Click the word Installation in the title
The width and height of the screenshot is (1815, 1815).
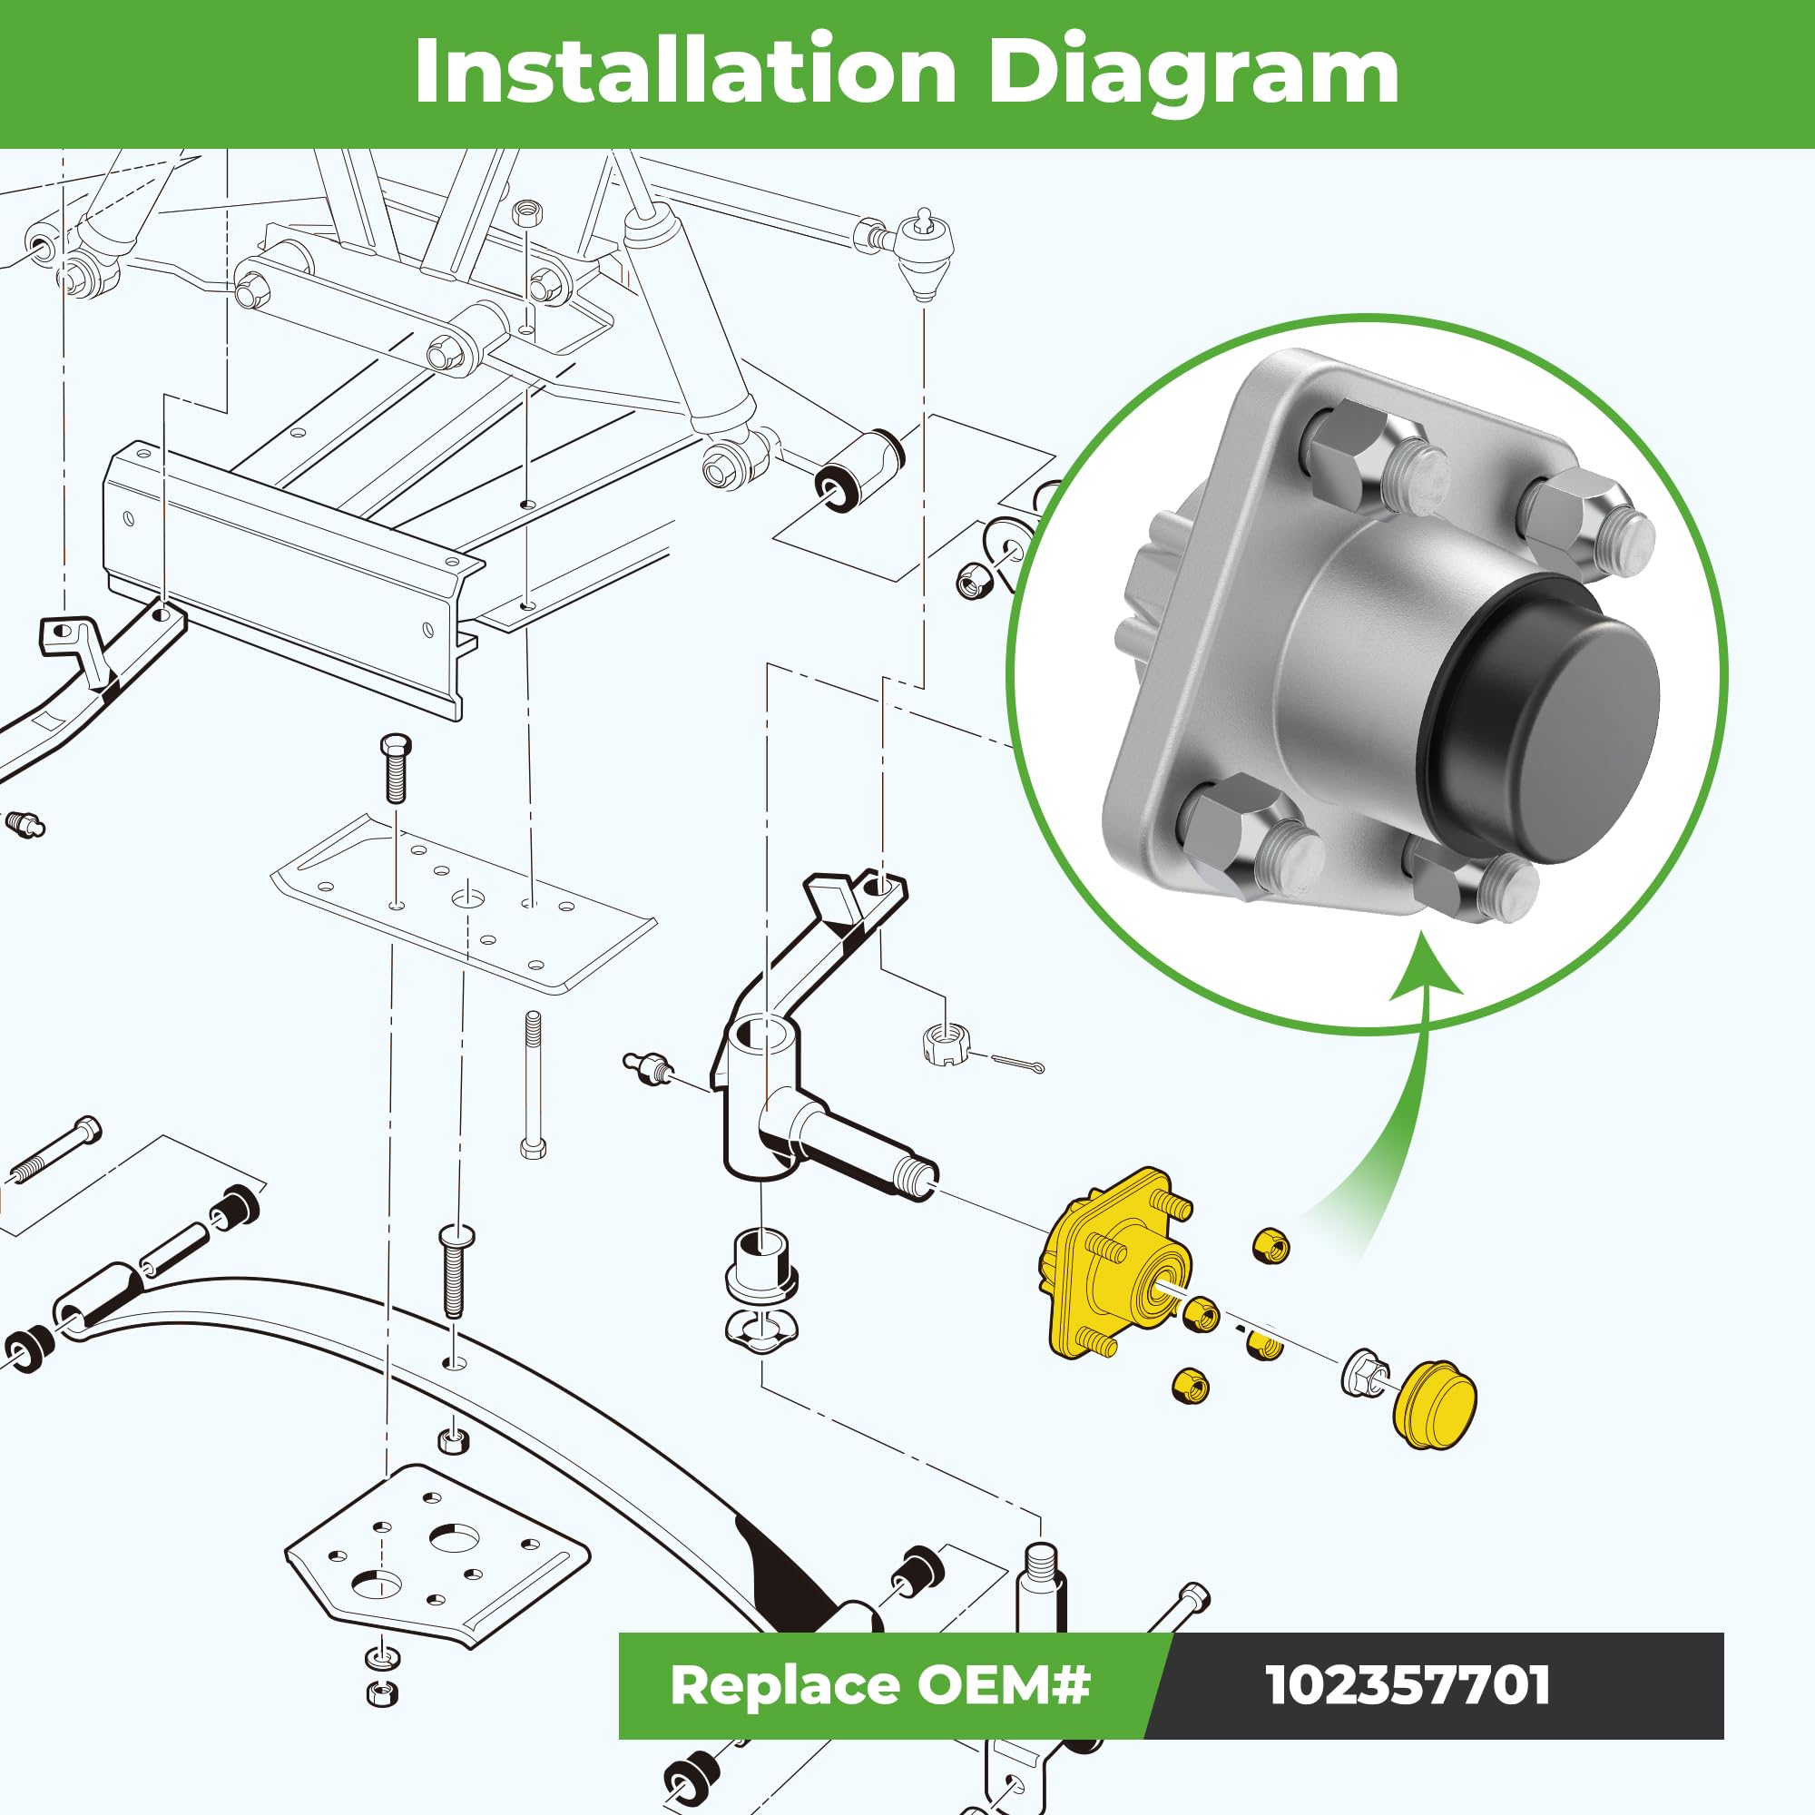(x=685, y=73)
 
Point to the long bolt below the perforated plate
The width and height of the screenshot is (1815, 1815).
(x=534, y=1084)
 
